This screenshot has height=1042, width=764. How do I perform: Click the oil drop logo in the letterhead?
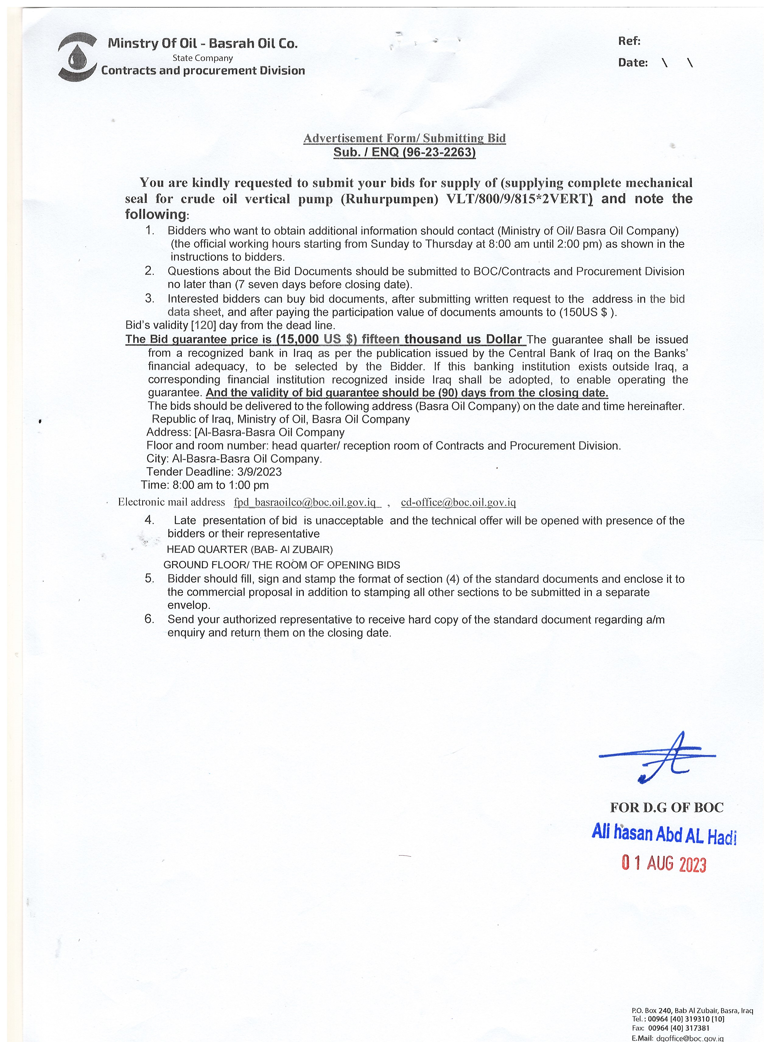(77, 56)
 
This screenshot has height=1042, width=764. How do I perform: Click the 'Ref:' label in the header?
(629, 41)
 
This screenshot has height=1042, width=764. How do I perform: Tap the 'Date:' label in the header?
(632, 63)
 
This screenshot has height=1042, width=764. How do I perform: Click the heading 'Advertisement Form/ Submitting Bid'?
(404, 138)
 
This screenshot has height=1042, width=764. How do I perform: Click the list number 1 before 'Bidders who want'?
(149, 230)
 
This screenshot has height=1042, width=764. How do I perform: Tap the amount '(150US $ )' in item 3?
(588, 312)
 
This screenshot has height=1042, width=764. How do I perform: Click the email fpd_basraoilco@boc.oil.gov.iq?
(307, 502)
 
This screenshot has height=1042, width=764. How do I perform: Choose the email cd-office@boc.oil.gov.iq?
(458, 502)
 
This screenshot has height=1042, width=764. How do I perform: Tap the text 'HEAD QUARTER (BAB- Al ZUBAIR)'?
(250, 549)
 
